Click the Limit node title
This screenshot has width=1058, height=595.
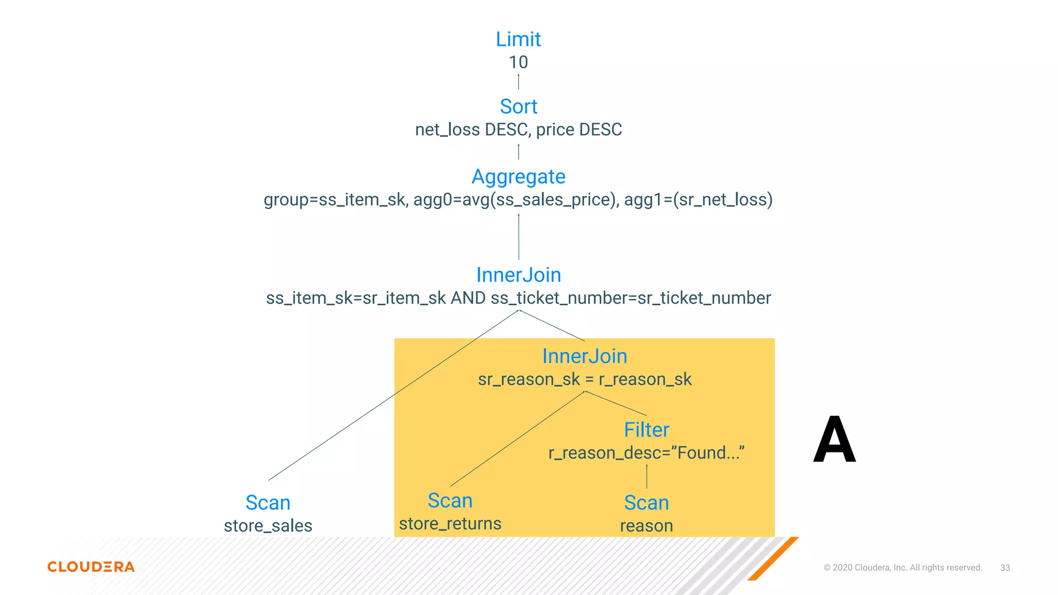(518, 39)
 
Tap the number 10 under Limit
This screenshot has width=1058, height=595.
(518, 62)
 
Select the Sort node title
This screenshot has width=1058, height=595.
(518, 106)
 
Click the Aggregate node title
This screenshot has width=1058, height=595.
(518, 177)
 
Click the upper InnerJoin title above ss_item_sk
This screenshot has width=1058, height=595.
(518, 275)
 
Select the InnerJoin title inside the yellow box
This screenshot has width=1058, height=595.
(584, 356)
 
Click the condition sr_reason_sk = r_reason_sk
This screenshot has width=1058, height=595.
(584, 379)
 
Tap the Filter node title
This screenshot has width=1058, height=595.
(646, 430)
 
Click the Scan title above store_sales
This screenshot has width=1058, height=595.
(268, 503)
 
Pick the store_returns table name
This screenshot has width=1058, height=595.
(450, 524)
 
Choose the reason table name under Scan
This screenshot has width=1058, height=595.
(646, 526)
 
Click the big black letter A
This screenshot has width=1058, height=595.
(834, 440)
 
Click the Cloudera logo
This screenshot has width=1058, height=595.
(91, 567)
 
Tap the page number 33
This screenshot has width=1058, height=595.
(1005, 568)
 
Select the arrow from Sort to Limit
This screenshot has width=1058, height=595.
(518, 82)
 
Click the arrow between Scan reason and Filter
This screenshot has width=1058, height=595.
(646, 476)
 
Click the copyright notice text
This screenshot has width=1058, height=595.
(903, 568)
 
